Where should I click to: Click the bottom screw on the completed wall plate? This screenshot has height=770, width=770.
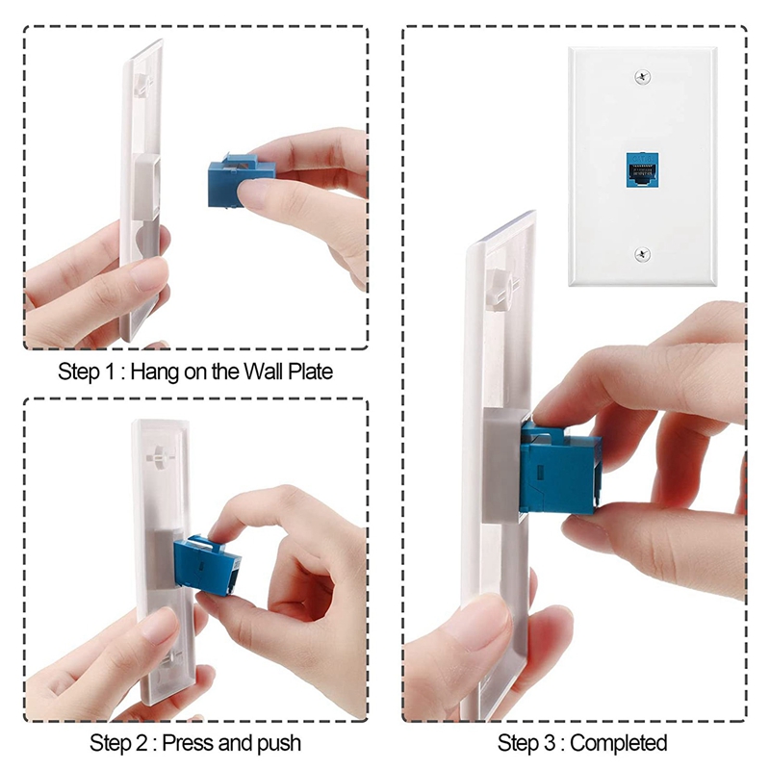pos(642,253)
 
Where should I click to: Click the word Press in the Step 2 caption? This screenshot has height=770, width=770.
pos(187,743)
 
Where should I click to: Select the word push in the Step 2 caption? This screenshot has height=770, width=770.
pos(277,743)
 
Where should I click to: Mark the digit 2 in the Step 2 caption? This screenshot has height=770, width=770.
pos(141,743)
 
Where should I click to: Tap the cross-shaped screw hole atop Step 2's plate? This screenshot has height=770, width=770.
pos(156,452)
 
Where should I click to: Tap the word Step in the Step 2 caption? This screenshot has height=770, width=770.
pos(109,743)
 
